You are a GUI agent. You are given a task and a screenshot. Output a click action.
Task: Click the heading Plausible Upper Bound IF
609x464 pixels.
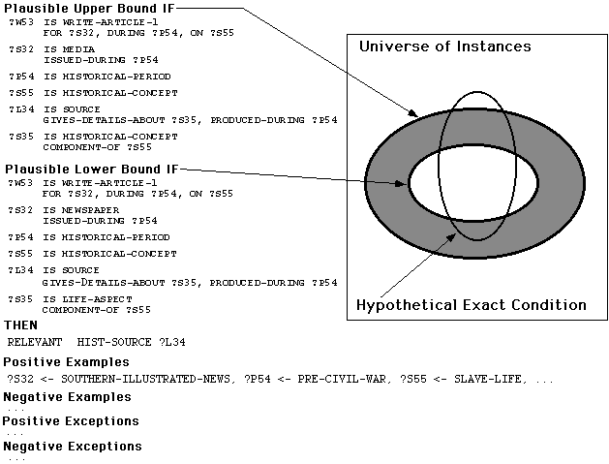click(x=89, y=9)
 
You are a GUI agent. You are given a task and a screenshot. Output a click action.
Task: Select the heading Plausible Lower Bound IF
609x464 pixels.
click(x=90, y=168)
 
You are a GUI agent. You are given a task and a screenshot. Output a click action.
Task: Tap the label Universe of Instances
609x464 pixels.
click(x=444, y=46)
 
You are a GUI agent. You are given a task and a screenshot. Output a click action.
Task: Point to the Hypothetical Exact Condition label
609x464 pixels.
click(x=471, y=304)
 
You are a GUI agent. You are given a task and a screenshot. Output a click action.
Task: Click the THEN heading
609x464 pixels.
click(x=21, y=325)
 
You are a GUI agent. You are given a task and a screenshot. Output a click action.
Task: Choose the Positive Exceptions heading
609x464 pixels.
click(x=71, y=421)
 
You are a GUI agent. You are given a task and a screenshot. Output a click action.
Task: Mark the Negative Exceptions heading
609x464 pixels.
click(x=73, y=447)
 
